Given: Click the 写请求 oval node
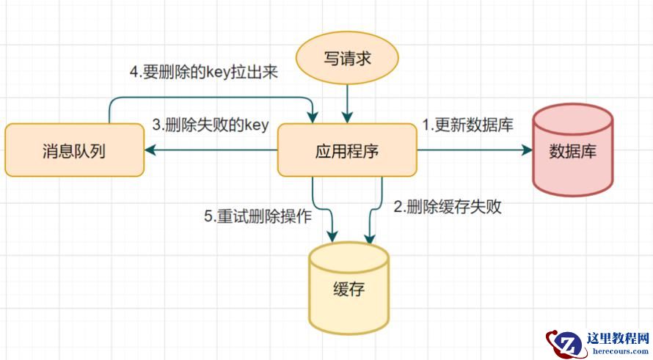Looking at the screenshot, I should (x=347, y=57).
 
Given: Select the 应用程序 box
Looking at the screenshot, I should (x=346, y=150).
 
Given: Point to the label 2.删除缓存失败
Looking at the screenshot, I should (x=448, y=207).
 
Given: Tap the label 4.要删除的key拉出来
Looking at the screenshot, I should (x=203, y=73).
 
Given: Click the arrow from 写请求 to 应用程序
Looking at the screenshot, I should (x=347, y=103).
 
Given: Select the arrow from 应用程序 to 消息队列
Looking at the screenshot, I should (x=213, y=150).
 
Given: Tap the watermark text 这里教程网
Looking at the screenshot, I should (x=618, y=338).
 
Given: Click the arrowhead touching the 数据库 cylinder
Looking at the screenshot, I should (x=526, y=150).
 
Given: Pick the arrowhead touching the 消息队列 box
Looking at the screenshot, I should (x=150, y=150).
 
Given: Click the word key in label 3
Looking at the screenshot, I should (x=256, y=125).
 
